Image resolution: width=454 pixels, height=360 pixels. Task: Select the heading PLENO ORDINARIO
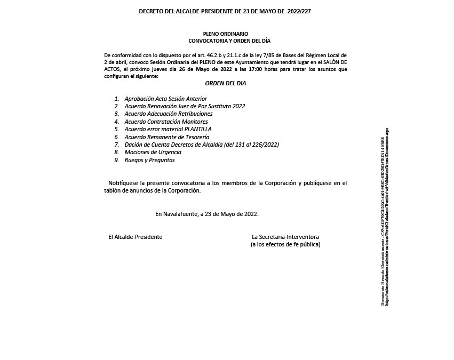226,34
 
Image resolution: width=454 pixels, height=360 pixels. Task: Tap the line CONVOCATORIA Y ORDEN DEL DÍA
226,41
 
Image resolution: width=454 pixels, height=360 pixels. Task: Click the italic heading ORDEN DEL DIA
226,84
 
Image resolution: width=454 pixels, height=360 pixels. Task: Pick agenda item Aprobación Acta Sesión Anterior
165,99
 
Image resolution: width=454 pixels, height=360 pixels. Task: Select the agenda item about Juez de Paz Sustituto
185,106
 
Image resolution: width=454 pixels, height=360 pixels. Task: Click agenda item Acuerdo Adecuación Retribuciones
169,114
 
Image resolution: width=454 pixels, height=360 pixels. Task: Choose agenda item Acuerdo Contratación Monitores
166,122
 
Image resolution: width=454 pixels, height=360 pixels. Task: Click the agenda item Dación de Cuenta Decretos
202,145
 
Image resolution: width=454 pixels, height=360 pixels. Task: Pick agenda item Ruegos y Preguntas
149,160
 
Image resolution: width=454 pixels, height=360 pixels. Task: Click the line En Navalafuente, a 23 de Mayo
207,213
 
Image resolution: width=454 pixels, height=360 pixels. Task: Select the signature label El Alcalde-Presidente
136,236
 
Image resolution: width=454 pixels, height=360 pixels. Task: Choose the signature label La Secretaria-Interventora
285,236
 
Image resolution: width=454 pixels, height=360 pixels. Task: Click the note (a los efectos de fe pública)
285,244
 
